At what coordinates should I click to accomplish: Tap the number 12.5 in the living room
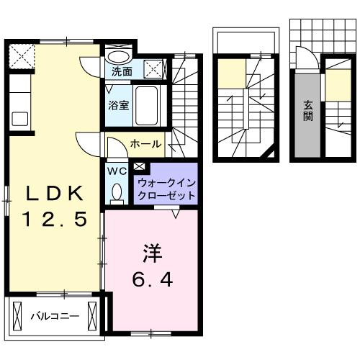point(55,217)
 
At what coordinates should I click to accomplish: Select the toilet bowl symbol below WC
point(116,192)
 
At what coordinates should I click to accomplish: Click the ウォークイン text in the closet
point(166,183)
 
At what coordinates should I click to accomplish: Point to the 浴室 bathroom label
point(119,105)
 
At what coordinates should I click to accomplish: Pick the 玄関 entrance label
point(307,110)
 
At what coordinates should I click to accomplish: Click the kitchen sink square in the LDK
point(18,118)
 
